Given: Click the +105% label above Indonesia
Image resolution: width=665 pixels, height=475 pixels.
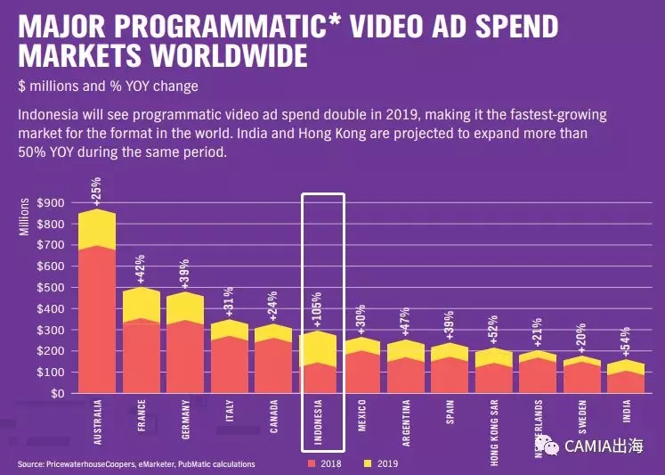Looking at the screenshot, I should pyautogui.click(x=318, y=308).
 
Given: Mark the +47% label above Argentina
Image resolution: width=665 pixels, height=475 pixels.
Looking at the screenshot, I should pyautogui.click(x=405, y=322).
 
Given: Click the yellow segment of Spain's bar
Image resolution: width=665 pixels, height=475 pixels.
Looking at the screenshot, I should pyautogui.click(x=449, y=350).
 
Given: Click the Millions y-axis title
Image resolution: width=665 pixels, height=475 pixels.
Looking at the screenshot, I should pyautogui.click(x=25, y=217).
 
